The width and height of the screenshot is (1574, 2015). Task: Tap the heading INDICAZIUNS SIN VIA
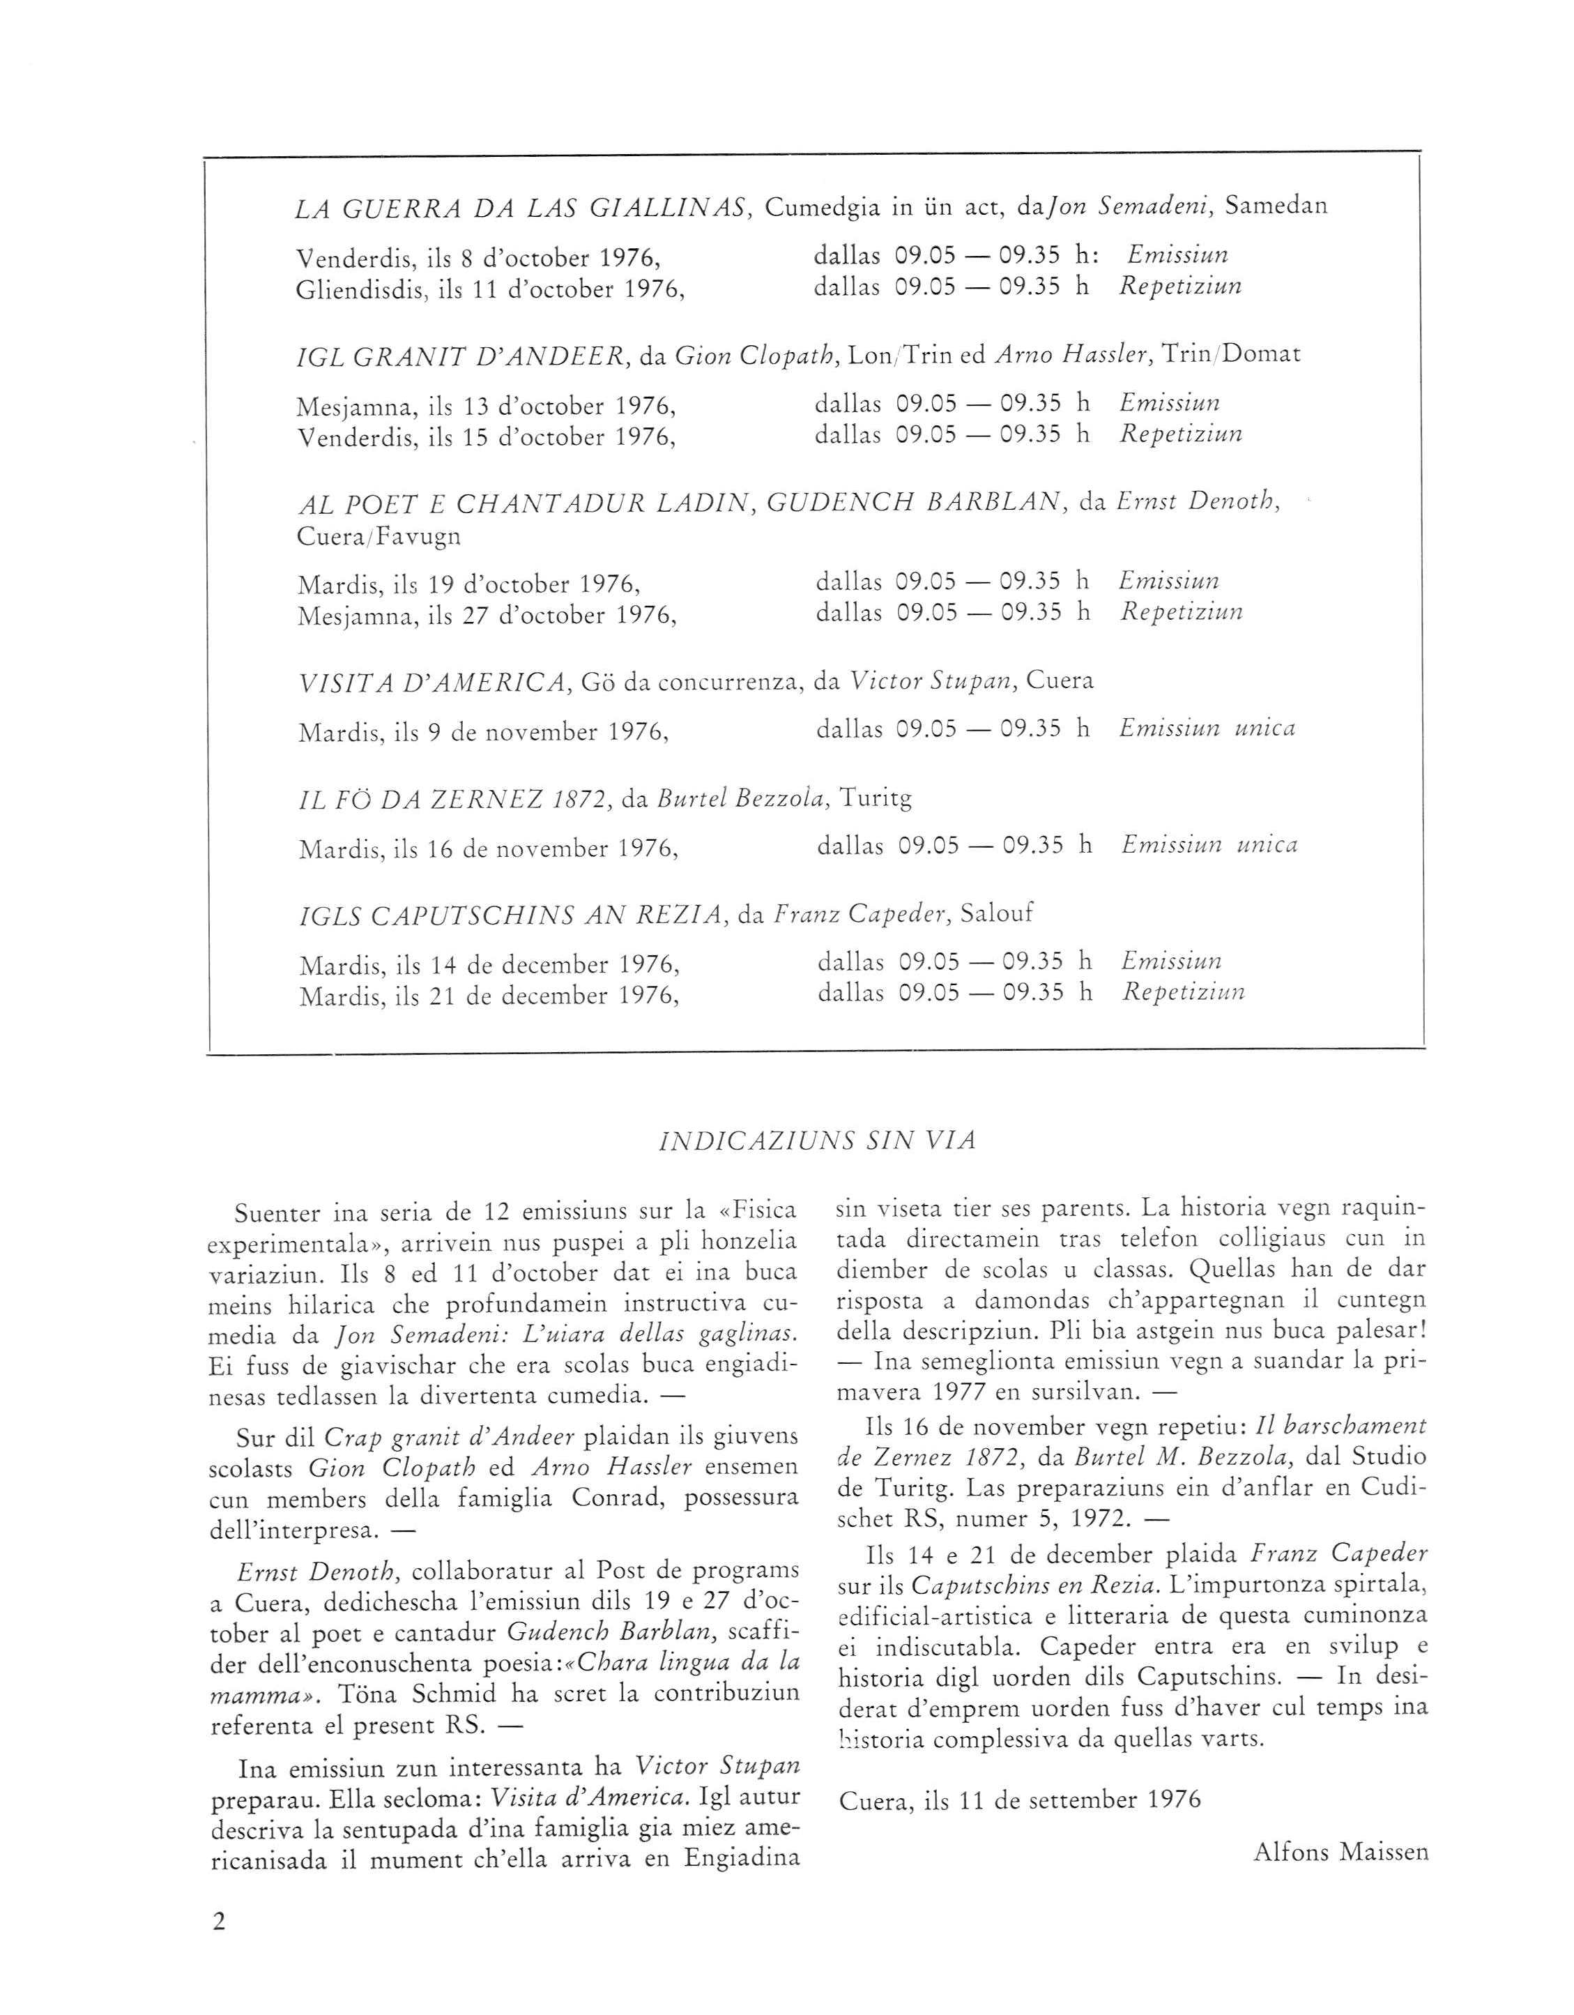point(818,1141)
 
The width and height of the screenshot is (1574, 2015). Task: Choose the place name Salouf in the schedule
point(996,913)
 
